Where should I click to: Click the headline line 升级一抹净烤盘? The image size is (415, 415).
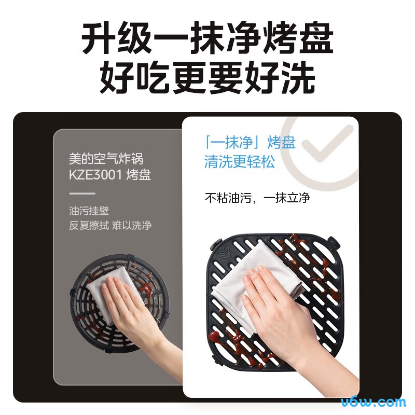pos(208,38)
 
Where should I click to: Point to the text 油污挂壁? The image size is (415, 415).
pos(89,211)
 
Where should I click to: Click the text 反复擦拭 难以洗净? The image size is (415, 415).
pos(110,226)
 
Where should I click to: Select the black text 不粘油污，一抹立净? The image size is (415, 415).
pos(257,198)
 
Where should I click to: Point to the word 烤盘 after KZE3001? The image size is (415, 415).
pos(139,175)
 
